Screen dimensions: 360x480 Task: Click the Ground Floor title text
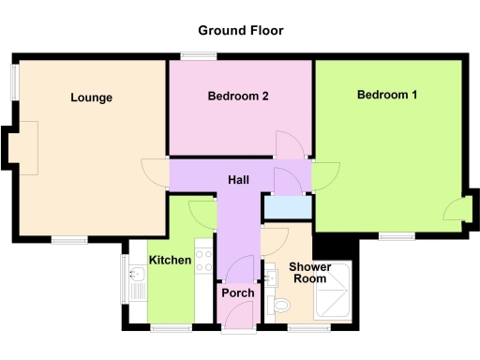pos(240,30)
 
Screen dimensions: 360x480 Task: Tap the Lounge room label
pos(91,97)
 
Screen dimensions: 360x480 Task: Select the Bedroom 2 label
pos(239,96)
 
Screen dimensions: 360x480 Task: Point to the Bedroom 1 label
pos(387,95)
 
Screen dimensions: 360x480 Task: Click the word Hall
pos(238,178)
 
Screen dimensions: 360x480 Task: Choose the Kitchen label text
pos(170,260)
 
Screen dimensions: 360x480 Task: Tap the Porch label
pos(238,292)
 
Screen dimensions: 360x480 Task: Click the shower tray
pos(334,292)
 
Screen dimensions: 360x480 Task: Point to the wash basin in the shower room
pos(271,276)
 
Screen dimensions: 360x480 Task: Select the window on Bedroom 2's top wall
pos(198,56)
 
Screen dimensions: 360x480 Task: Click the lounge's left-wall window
pos(14,80)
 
